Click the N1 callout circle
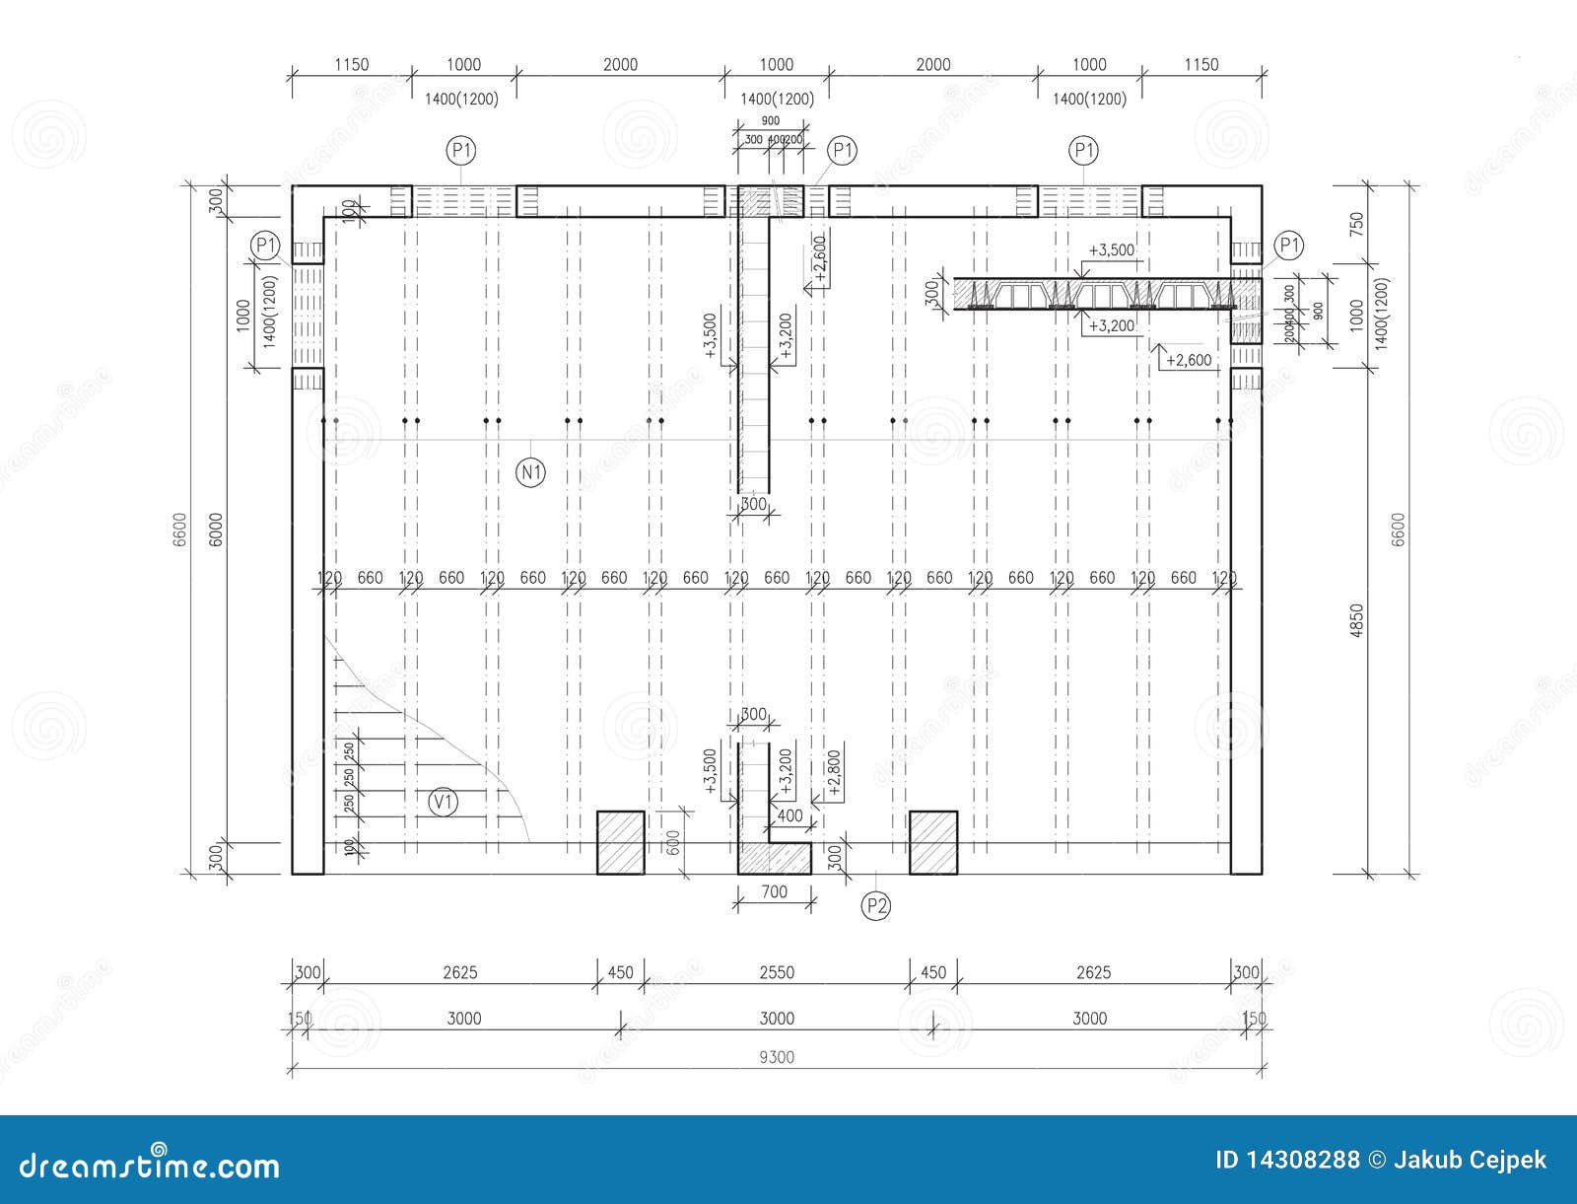[531, 472]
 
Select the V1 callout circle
[445, 803]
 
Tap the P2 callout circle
[875, 905]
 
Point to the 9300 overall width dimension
[777, 1057]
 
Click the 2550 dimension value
[777, 973]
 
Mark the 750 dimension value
[1357, 224]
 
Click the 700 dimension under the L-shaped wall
[775, 892]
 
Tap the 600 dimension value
[674, 841]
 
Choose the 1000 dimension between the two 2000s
[776, 65]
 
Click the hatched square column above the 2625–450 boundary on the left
[621, 842]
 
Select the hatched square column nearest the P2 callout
[933, 842]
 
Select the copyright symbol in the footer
[1376, 1160]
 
